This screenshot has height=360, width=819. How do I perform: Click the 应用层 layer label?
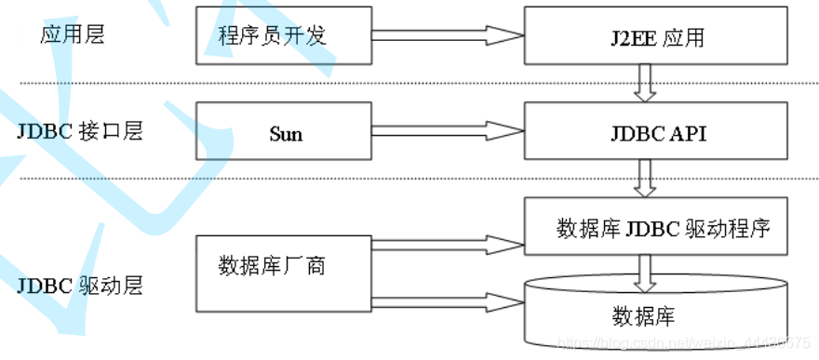pos(73,35)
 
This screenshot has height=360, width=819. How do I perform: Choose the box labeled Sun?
pos(285,133)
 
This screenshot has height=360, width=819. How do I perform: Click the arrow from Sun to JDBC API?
pos(447,132)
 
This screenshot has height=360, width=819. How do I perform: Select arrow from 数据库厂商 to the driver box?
pos(447,245)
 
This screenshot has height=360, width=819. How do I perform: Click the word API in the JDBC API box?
pos(687,133)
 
